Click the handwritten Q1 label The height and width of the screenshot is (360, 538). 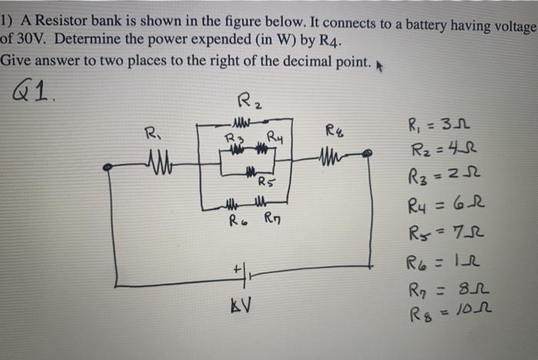[x=27, y=95]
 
